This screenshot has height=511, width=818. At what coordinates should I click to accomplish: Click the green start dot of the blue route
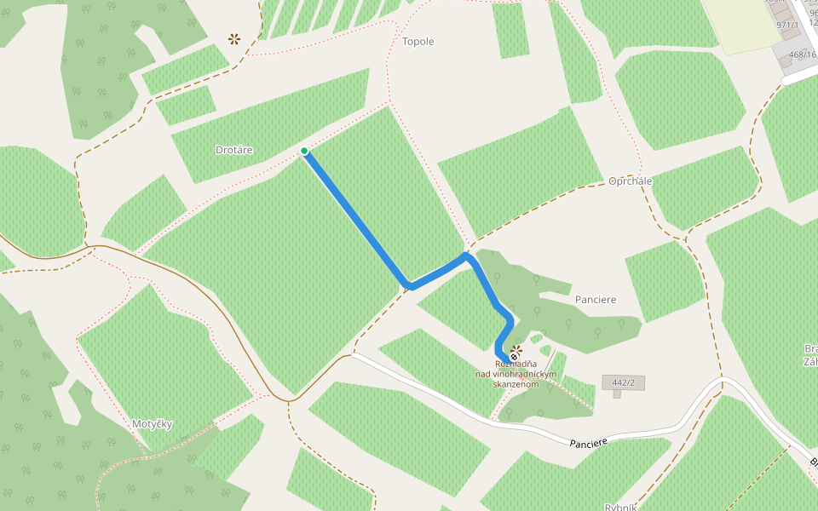tap(304, 152)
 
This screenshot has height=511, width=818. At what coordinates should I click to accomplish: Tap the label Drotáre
tap(234, 150)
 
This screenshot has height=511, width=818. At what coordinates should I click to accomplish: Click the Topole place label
tap(418, 42)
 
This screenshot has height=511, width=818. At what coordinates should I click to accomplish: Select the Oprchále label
tap(631, 181)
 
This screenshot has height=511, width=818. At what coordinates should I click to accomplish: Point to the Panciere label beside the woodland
tap(596, 300)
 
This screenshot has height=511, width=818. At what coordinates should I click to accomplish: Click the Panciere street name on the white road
tap(589, 443)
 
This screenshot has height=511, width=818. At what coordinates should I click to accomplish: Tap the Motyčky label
tap(153, 423)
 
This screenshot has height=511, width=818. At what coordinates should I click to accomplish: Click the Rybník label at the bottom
tap(620, 507)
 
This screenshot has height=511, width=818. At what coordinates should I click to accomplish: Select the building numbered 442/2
tap(623, 382)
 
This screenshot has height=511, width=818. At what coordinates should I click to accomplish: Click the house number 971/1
tap(787, 26)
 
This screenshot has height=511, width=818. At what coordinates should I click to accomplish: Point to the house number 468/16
tap(802, 55)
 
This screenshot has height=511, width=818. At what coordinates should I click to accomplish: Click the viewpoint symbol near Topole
tap(233, 38)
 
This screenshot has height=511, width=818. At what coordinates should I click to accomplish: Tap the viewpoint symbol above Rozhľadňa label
tap(516, 349)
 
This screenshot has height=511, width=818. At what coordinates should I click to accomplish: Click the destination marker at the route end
tap(514, 357)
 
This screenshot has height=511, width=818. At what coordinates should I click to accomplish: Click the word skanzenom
tap(516, 384)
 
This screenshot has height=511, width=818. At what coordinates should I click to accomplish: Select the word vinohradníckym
tap(516, 374)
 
